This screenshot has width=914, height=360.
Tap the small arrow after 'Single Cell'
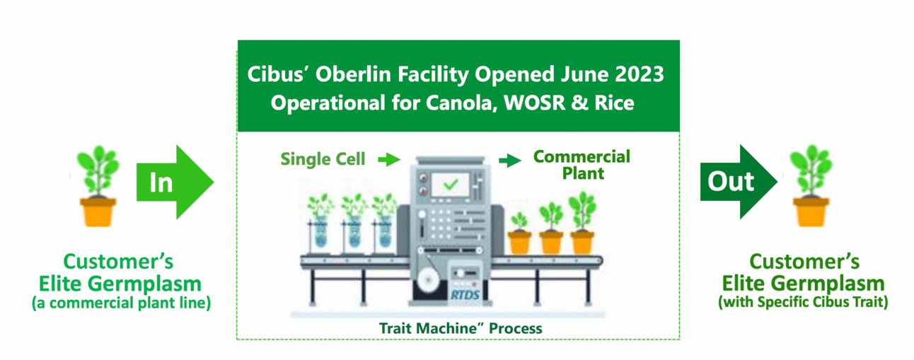point(389,159)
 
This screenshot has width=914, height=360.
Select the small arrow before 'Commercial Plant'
point(510,160)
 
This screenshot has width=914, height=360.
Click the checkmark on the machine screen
point(451,185)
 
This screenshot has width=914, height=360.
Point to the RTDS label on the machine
point(465,294)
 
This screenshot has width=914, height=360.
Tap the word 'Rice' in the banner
point(614,103)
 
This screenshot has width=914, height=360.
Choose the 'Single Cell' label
point(323,159)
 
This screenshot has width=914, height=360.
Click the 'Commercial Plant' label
point(582,165)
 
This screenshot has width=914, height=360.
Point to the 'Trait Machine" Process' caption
point(461,328)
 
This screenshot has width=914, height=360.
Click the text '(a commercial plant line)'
point(121,303)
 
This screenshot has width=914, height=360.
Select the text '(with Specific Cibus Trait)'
point(803,302)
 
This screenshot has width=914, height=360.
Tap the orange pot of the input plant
point(98,212)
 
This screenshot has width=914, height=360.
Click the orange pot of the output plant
point(811,212)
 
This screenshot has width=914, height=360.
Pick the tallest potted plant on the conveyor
point(583,223)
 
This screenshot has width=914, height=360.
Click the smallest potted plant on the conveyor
point(519,233)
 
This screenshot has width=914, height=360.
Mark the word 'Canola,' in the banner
point(462,103)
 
